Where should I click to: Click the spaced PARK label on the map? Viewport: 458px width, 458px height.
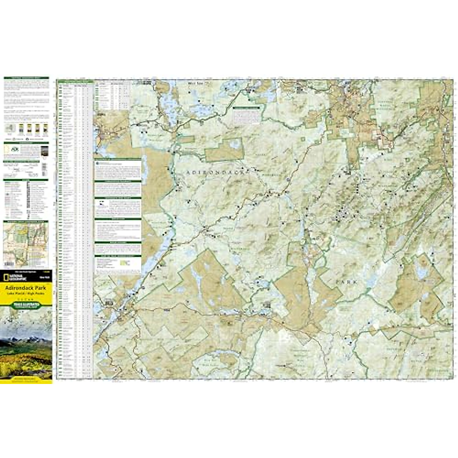pos(346,282)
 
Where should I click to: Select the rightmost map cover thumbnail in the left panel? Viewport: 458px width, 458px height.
pos(45,129)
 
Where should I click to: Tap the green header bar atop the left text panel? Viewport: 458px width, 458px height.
pos(26,78)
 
